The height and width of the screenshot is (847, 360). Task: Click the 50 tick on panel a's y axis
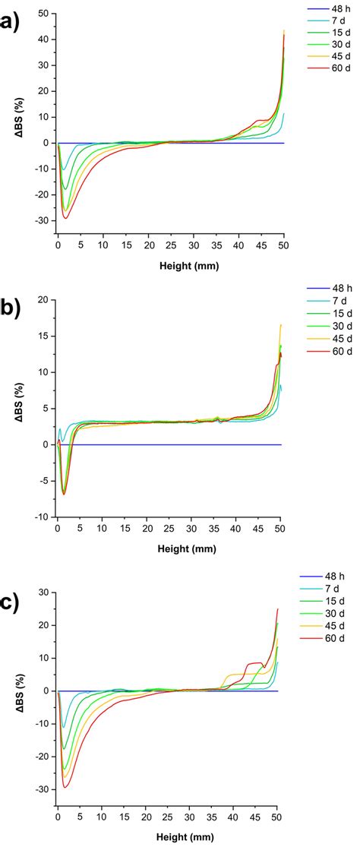pyautogui.click(x=42, y=13)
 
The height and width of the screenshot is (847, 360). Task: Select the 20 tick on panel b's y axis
pyautogui.click(x=42, y=300)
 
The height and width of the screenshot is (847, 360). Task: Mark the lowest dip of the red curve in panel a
pyautogui.click(x=66, y=219)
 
